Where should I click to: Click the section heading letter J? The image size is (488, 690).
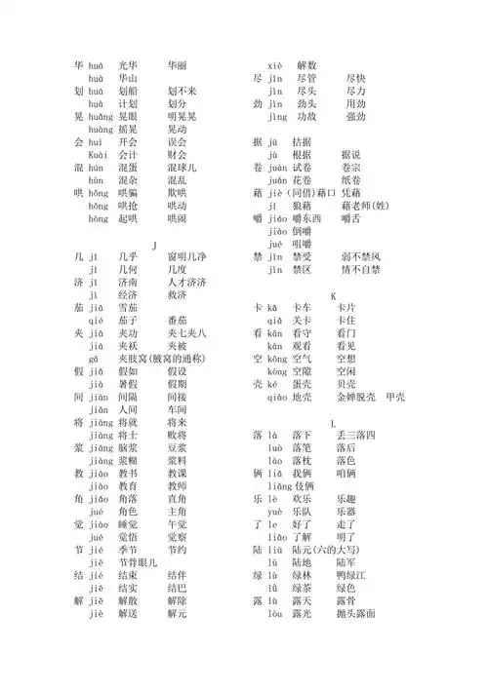point(153,243)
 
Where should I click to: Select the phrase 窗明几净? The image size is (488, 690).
point(185,255)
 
